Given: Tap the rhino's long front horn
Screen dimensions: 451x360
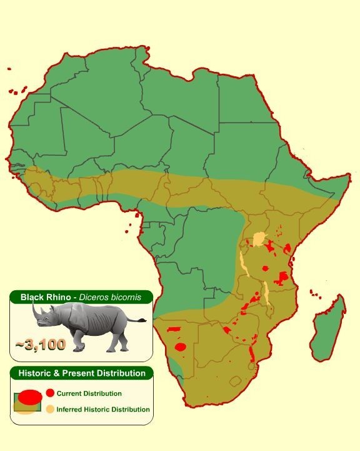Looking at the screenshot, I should tap(34, 310).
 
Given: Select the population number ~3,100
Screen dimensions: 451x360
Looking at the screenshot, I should tap(41, 343).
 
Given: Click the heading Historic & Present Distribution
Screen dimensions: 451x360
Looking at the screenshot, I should tap(81, 373).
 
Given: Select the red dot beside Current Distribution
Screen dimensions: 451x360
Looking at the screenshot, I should tap(50, 393).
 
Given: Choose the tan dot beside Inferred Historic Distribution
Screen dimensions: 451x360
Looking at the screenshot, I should tap(50, 409).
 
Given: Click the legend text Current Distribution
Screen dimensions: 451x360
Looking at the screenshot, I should tap(89, 393).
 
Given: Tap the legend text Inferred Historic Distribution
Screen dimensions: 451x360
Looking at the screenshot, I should tap(103, 409).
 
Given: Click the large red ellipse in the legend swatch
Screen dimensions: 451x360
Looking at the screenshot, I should tap(28, 396).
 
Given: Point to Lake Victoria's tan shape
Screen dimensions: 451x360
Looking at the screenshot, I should tap(259, 240).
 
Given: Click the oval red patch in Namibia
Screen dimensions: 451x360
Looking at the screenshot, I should tap(181, 347).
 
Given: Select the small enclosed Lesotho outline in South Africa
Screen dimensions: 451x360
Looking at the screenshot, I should tap(235, 380).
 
